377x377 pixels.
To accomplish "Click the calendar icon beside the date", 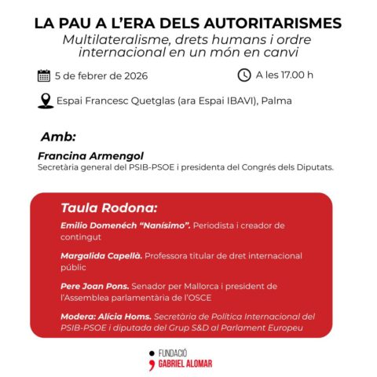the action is (44, 76).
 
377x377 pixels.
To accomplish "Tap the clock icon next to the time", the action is (243, 75).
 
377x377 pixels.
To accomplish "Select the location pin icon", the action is (46, 101).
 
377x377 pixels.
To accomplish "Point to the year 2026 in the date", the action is (131, 76).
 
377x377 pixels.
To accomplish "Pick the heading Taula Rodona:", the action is (108, 208).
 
